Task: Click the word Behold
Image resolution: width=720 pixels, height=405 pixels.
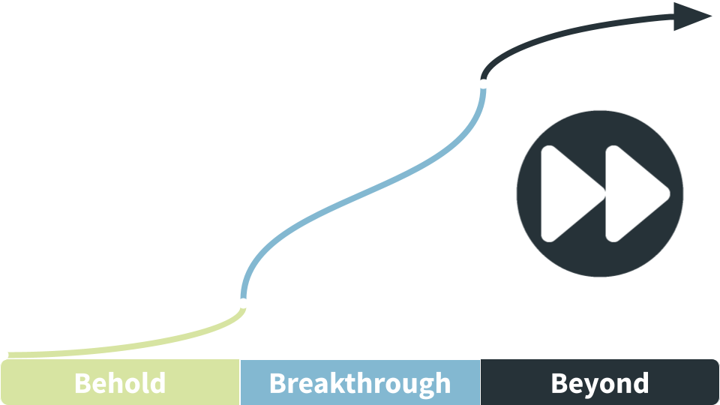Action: pos(120,383)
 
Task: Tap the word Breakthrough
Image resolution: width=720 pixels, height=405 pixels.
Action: pos(360,384)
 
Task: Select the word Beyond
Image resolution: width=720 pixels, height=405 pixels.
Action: pos(600,384)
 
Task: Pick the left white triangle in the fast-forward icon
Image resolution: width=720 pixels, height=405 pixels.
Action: pos(569,193)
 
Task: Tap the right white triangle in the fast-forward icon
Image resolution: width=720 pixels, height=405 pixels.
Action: pos(634,193)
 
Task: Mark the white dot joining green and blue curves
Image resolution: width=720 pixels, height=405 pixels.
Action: pos(243,303)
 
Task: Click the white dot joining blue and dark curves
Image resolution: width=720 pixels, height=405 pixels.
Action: pos(483,83)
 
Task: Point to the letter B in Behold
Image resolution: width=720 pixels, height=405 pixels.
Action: pos(82,383)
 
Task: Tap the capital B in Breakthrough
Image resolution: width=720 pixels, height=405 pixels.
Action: pos(277,383)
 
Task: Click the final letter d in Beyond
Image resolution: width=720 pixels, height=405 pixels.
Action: pos(640,382)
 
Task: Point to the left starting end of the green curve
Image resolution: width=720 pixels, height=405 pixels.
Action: pos(9,355)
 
